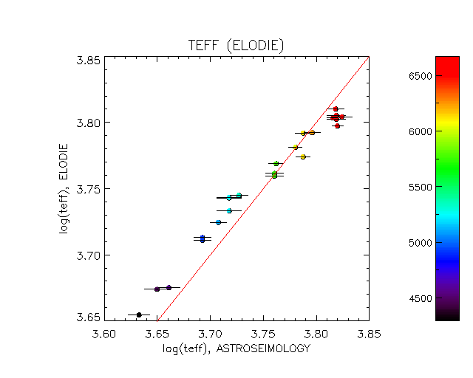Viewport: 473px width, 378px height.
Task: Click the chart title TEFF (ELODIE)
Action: click(236, 46)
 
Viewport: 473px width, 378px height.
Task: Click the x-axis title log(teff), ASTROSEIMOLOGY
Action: click(236, 348)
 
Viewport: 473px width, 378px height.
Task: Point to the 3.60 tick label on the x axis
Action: click(104, 335)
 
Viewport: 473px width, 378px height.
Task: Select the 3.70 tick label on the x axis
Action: click(210, 335)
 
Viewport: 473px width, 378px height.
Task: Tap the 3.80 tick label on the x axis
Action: click(316, 335)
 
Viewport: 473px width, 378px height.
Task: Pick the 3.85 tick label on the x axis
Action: click(369, 335)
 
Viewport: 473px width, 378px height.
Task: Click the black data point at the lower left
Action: click(139, 315)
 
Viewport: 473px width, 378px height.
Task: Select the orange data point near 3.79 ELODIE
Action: click(312, 132)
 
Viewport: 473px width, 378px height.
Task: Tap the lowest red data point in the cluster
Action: click(337, 126)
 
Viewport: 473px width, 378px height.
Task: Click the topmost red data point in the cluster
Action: click(336, 109)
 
